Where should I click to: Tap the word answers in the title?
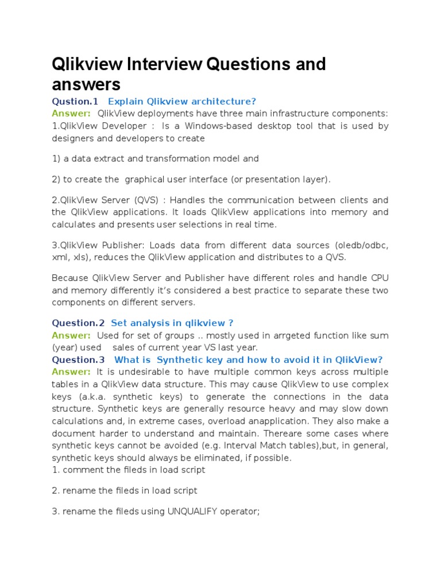point(86,84)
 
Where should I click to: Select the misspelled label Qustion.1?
point(75,102)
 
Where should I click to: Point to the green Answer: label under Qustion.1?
point(71,113)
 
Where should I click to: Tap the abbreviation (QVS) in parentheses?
point(148,200)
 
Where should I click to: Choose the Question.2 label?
point(78,323)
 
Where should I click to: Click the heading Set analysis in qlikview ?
point(172,323)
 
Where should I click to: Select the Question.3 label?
point(78,360)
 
